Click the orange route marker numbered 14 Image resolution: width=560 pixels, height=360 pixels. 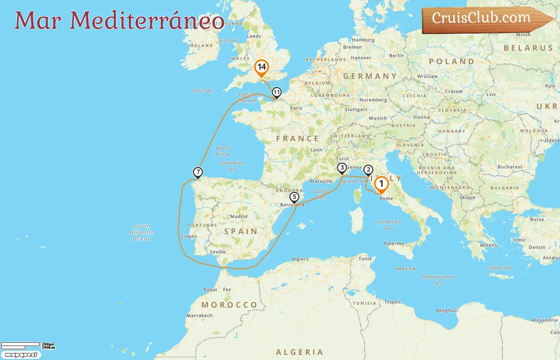click(262, 67)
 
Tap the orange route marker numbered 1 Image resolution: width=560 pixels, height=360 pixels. click(381, 184)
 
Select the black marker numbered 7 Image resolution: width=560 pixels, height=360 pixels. click(198, 172)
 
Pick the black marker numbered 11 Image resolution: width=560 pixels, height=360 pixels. click(276, 92)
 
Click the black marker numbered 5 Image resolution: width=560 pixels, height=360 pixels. click(294, 197)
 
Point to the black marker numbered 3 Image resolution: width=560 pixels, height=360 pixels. click(342, 168)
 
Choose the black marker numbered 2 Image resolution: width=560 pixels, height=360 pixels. click(368, 170)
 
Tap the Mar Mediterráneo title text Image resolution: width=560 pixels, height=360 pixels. click(119, 20)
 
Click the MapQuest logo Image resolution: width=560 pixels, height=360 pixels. click(21, 355)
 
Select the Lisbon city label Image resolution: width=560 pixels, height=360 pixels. click(189, 236)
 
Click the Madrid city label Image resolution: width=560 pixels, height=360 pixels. click(239, 216)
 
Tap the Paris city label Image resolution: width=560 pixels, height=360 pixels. click(296, 108)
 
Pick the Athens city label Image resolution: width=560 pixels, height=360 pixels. click(488, 245)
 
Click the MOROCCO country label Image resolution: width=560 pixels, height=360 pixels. click(229, 305)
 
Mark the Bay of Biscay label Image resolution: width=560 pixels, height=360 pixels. click(223, 151)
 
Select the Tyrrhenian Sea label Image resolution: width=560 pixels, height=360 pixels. click(388, 225)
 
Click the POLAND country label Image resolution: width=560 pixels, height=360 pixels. click(452, 62)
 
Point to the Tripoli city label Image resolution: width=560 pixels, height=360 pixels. click(392, 302)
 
